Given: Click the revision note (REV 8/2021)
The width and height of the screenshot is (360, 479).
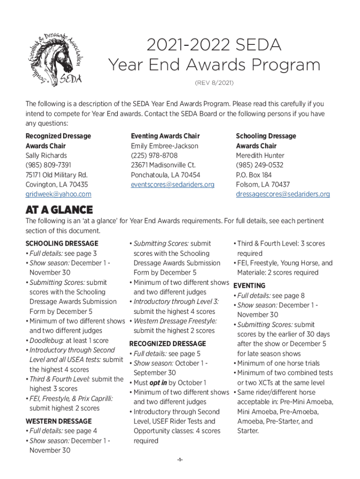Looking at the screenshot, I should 214,83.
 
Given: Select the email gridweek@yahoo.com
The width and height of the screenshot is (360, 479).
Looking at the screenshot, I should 58,194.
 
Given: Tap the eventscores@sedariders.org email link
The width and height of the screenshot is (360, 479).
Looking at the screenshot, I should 173,184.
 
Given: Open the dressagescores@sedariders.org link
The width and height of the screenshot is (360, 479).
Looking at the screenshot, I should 282,194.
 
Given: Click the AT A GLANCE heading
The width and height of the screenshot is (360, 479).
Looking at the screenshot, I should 59,210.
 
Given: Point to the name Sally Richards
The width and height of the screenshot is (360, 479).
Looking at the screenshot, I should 46,155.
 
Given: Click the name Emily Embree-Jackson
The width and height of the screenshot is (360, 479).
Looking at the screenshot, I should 165,145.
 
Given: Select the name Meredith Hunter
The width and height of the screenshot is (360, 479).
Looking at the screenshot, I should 260,155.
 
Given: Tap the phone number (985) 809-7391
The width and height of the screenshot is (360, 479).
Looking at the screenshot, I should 48,165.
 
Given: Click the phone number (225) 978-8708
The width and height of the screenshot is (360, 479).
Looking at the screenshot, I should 154,155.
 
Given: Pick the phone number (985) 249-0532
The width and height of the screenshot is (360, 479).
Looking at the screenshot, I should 259,165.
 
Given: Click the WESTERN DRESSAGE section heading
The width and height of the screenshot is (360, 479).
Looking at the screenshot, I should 58,421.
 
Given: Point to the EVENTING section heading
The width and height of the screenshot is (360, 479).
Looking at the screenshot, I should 249,285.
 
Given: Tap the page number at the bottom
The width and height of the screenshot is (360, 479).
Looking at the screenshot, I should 180,460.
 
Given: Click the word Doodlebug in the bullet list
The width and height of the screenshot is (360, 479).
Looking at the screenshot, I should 45,341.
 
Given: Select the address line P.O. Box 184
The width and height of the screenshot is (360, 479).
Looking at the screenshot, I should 254,175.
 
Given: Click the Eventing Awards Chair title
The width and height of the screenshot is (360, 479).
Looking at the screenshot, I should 165,136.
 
